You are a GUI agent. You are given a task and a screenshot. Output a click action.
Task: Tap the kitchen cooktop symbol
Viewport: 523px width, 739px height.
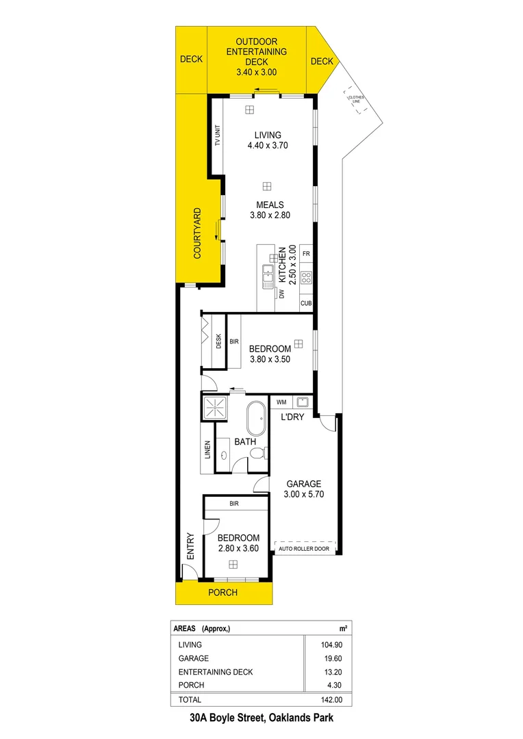point(306,278)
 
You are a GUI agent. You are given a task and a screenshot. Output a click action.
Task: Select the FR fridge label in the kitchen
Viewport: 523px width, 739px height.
point(306,255)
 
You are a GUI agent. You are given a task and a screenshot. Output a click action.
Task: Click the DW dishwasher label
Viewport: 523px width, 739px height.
point(281,294)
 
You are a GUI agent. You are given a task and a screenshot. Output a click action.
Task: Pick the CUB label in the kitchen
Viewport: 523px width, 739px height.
point(306,302)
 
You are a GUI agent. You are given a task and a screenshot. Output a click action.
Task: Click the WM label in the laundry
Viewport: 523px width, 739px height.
point(281,402)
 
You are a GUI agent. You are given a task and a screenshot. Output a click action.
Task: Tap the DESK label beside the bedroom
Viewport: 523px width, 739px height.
point(218,340)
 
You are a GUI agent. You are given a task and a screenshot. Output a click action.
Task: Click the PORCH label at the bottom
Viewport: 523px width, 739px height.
point(222,593)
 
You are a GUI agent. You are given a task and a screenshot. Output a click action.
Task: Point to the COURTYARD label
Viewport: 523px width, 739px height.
point(196,233)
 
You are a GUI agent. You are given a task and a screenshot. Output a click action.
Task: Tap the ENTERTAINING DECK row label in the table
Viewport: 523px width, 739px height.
point(215,672)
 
